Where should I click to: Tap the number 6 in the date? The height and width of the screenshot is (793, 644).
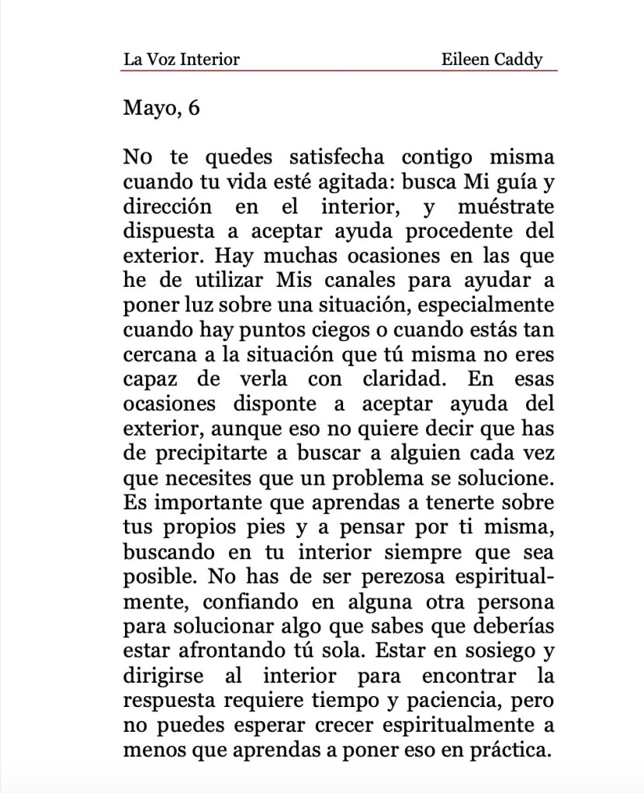coord(194,108)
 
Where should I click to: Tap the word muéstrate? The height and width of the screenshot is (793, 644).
coord(507,208)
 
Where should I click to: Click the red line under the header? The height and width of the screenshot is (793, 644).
coord(339,71)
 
